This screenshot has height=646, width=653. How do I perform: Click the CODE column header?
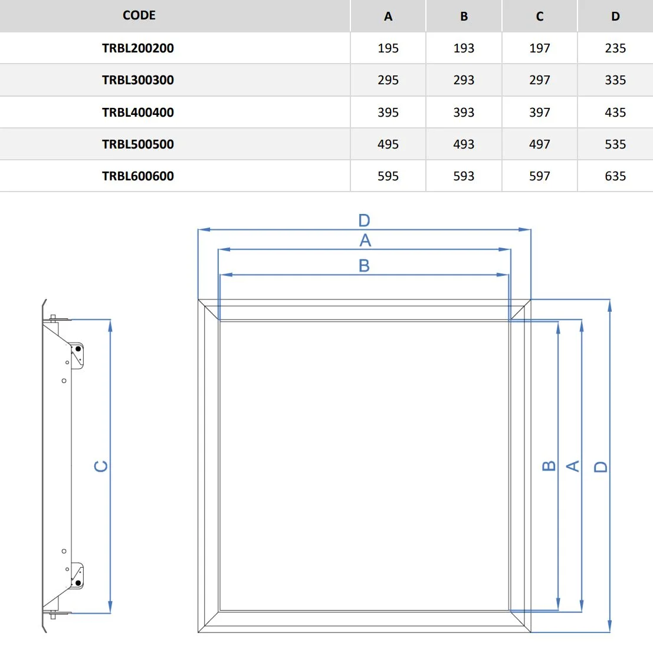pyautogui.click(x=139, y=16)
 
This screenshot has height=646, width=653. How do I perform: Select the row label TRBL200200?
pyautogui.click(x=138, y=48)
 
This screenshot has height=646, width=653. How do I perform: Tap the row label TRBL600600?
pyautogui.click(x=138, y=176)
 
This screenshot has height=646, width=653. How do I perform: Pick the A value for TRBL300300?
pyautogui.click(x=388, y=80)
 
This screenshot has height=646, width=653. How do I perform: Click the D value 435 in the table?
pyautogui.click(x=615, y=113)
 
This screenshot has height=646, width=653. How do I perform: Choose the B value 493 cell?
pyautogui.click(x=464, y=144)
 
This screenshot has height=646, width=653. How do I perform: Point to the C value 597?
pyautogui.click(x=540, y=176)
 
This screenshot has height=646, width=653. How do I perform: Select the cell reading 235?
pyautogui.click(x=615, y=48)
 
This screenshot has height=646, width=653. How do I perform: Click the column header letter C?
pyautogui.click(x=540, y=17)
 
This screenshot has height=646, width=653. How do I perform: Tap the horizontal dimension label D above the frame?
pyautogui.click(x=365, y=220)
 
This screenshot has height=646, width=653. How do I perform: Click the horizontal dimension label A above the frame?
pyautogui.click(x=365, y=240)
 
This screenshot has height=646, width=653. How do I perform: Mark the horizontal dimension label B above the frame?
pyautogui.click(x=365, y=266)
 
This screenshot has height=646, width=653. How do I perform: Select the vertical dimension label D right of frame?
pyautogui.click(x=601, y=467)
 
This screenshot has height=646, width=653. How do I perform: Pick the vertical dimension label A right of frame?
pyautogui.click(x=573, y=466)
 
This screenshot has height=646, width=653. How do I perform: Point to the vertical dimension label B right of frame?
pyautogui.click(x=549, y=466)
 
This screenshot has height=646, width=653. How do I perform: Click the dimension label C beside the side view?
pyautogui.click(x=101, y=466)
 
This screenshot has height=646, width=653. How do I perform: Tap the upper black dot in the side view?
pyautogui.click(x=78, y=349)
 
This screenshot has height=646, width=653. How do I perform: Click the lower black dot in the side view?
pyautogui.click(x=78, y=583)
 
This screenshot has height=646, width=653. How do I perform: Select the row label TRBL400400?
pyautogui.click(x=138, y=113)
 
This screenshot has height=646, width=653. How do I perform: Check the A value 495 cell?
pyautogui.click(x=388, y=144)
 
